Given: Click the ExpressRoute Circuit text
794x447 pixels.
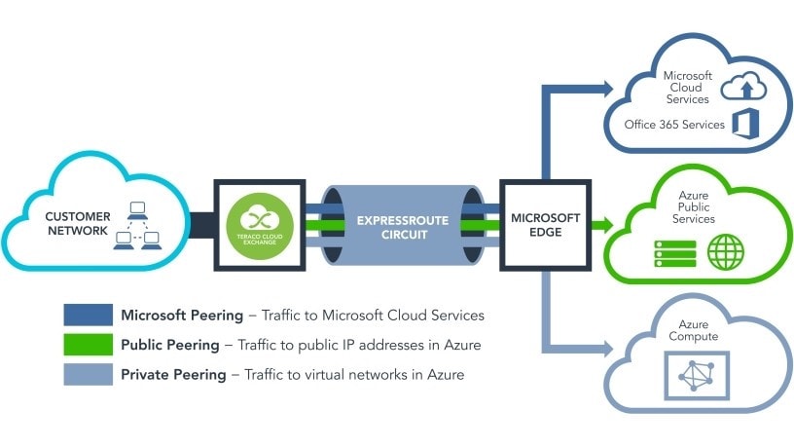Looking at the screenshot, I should tap(401, 227).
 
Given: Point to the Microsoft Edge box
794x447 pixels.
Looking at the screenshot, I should tap(545, 225).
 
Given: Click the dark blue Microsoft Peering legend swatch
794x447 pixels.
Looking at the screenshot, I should tap(87, 316).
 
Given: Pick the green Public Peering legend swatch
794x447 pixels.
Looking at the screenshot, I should tap(87, 345).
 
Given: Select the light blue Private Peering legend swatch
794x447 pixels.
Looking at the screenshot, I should tap(87, 374).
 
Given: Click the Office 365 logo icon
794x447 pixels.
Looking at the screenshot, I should tap(746, 124).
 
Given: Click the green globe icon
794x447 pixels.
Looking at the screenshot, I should tap(725, 252).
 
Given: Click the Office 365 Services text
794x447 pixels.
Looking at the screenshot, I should tap(675, 125).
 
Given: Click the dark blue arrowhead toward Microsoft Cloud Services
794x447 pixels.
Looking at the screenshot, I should tap(606, 90).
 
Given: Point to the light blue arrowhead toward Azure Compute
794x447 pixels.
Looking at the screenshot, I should tap(606, 347).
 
